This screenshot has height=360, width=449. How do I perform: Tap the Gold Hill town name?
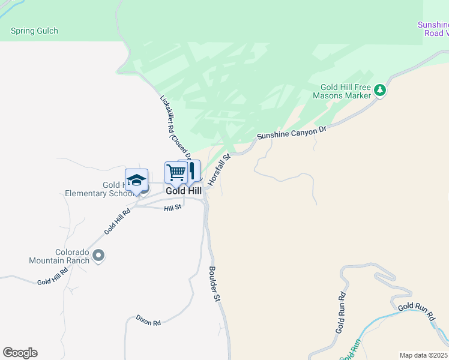(x=184, y=190)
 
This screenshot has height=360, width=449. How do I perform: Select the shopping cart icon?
(x=176, y=172)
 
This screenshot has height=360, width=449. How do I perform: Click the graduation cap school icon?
(x=136, y=179)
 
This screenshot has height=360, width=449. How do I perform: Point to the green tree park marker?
(x=379, y=91)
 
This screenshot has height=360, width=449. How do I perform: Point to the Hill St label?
(x=172, y=208)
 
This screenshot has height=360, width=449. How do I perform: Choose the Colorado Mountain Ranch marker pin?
(x=99, y=256)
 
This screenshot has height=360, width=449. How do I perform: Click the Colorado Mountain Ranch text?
(x=59, y=256)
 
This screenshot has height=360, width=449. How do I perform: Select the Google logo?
(x=20, y=353)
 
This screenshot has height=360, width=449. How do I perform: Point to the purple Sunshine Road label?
(x=433, y=29)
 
